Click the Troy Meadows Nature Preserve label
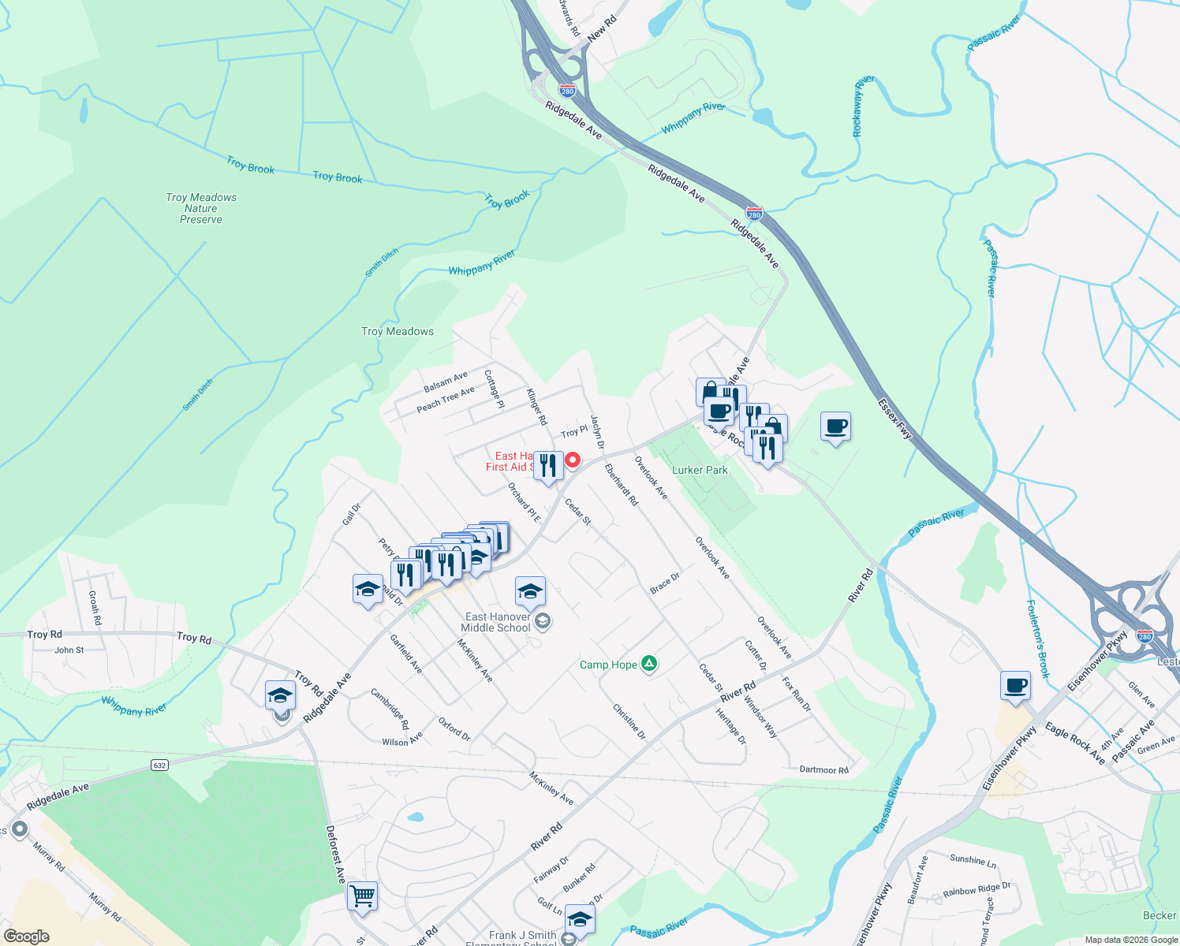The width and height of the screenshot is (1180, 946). (201, 208)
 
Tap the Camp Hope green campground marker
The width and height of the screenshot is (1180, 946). (648, 665)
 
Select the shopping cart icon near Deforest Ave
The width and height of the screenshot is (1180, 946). (362, 896)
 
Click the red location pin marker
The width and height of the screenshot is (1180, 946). (573, 460)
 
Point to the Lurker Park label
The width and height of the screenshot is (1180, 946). (700, 470)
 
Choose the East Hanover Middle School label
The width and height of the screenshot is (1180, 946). (497, 622)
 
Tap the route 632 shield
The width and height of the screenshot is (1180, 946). (159, 765)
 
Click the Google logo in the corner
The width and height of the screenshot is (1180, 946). (27, 937)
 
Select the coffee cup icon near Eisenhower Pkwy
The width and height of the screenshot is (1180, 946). (1015, 686)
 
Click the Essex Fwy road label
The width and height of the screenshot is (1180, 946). (894, 419)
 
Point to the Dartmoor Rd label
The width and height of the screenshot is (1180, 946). (823, 769)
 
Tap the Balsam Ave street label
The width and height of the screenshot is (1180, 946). (446, 382)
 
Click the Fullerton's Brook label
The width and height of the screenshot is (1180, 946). (1038, 639)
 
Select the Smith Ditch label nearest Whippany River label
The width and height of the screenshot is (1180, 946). (382, 263)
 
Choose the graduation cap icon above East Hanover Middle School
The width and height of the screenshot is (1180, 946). (530, 590)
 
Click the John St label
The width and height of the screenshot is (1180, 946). (69, 650)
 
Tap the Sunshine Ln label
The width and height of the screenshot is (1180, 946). (973, 860)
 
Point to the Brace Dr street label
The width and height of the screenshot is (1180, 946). (664, 584)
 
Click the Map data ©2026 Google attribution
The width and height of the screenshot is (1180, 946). (1131, 940)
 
